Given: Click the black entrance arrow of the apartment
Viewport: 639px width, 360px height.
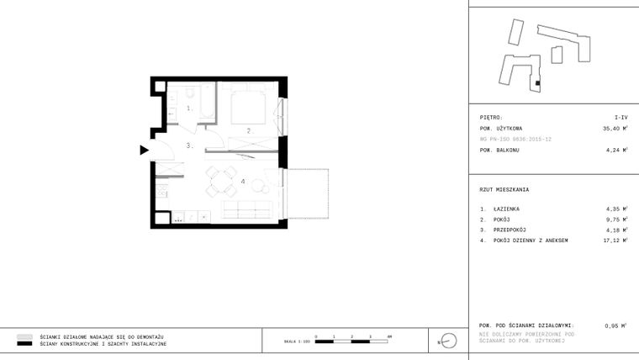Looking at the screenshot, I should click(145, 151).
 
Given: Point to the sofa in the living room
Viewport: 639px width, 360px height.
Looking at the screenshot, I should click(246, 208).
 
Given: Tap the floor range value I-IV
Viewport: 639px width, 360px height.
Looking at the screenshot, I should click(620, 118).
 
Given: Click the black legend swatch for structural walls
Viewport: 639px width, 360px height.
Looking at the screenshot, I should click(24, 344).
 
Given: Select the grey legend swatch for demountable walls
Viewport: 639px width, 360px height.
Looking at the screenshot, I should click(24, 336).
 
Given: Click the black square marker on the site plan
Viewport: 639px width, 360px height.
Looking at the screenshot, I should click(536, 84).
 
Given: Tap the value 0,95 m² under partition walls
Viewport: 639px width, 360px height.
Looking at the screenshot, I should click(615, 325).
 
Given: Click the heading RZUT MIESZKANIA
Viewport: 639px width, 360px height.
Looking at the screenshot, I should click(504, 189).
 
